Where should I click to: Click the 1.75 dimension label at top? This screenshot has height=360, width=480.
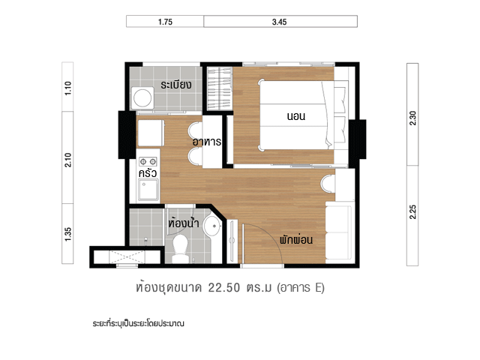coord(165,22)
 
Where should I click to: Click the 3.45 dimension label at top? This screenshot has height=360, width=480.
coord(279,22)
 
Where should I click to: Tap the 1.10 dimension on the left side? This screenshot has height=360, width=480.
coord(68,88)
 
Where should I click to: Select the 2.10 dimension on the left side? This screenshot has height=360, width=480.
coord(68,160)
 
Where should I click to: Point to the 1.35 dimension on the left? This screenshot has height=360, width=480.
coord(68,234)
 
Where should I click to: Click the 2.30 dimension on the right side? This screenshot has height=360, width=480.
coord(412,118)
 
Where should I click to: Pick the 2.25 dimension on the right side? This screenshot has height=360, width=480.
coord(412,211)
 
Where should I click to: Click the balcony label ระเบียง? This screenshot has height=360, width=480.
coord(176,85)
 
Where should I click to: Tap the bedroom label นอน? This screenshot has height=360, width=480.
coord(296,116)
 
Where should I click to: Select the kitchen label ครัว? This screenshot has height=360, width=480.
coord(148,173)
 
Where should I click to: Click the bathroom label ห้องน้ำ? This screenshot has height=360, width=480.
coord(184,223)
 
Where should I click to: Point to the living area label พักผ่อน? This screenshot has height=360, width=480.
coord(296,239)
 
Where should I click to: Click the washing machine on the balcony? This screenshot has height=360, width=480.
coord(142,98)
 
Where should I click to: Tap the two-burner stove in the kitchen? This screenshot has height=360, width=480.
coord(148,161)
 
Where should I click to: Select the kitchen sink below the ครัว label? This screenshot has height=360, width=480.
coord(148,190)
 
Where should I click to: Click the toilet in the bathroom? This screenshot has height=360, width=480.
coord(180,248)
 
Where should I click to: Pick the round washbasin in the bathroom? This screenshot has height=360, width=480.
coord(212,226)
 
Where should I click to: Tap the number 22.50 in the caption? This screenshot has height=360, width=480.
coord(224,288)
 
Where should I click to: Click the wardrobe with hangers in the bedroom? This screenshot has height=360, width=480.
coord(220,88)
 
